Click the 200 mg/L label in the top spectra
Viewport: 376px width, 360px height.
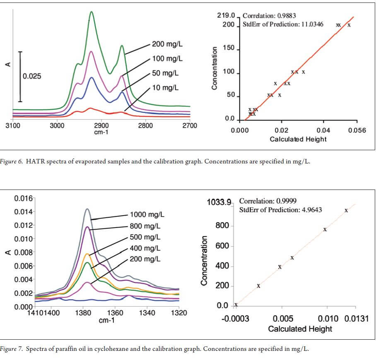(167, 44)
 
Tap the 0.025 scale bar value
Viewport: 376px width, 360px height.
(32, 77)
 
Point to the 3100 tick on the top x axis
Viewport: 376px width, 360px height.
(13, 125)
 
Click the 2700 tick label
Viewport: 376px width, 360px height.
(190, 125)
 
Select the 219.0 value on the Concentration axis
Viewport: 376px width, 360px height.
(226, 16)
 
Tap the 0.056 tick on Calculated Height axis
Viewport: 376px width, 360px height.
(357, 131)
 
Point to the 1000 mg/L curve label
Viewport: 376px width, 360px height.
(147, 215)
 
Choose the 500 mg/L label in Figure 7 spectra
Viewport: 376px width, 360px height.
(145, 237)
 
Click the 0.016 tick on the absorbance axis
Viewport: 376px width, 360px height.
(23, 198)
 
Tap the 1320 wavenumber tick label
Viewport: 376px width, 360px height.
(178, 313)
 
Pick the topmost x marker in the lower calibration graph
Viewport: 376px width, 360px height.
(346, 211)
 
